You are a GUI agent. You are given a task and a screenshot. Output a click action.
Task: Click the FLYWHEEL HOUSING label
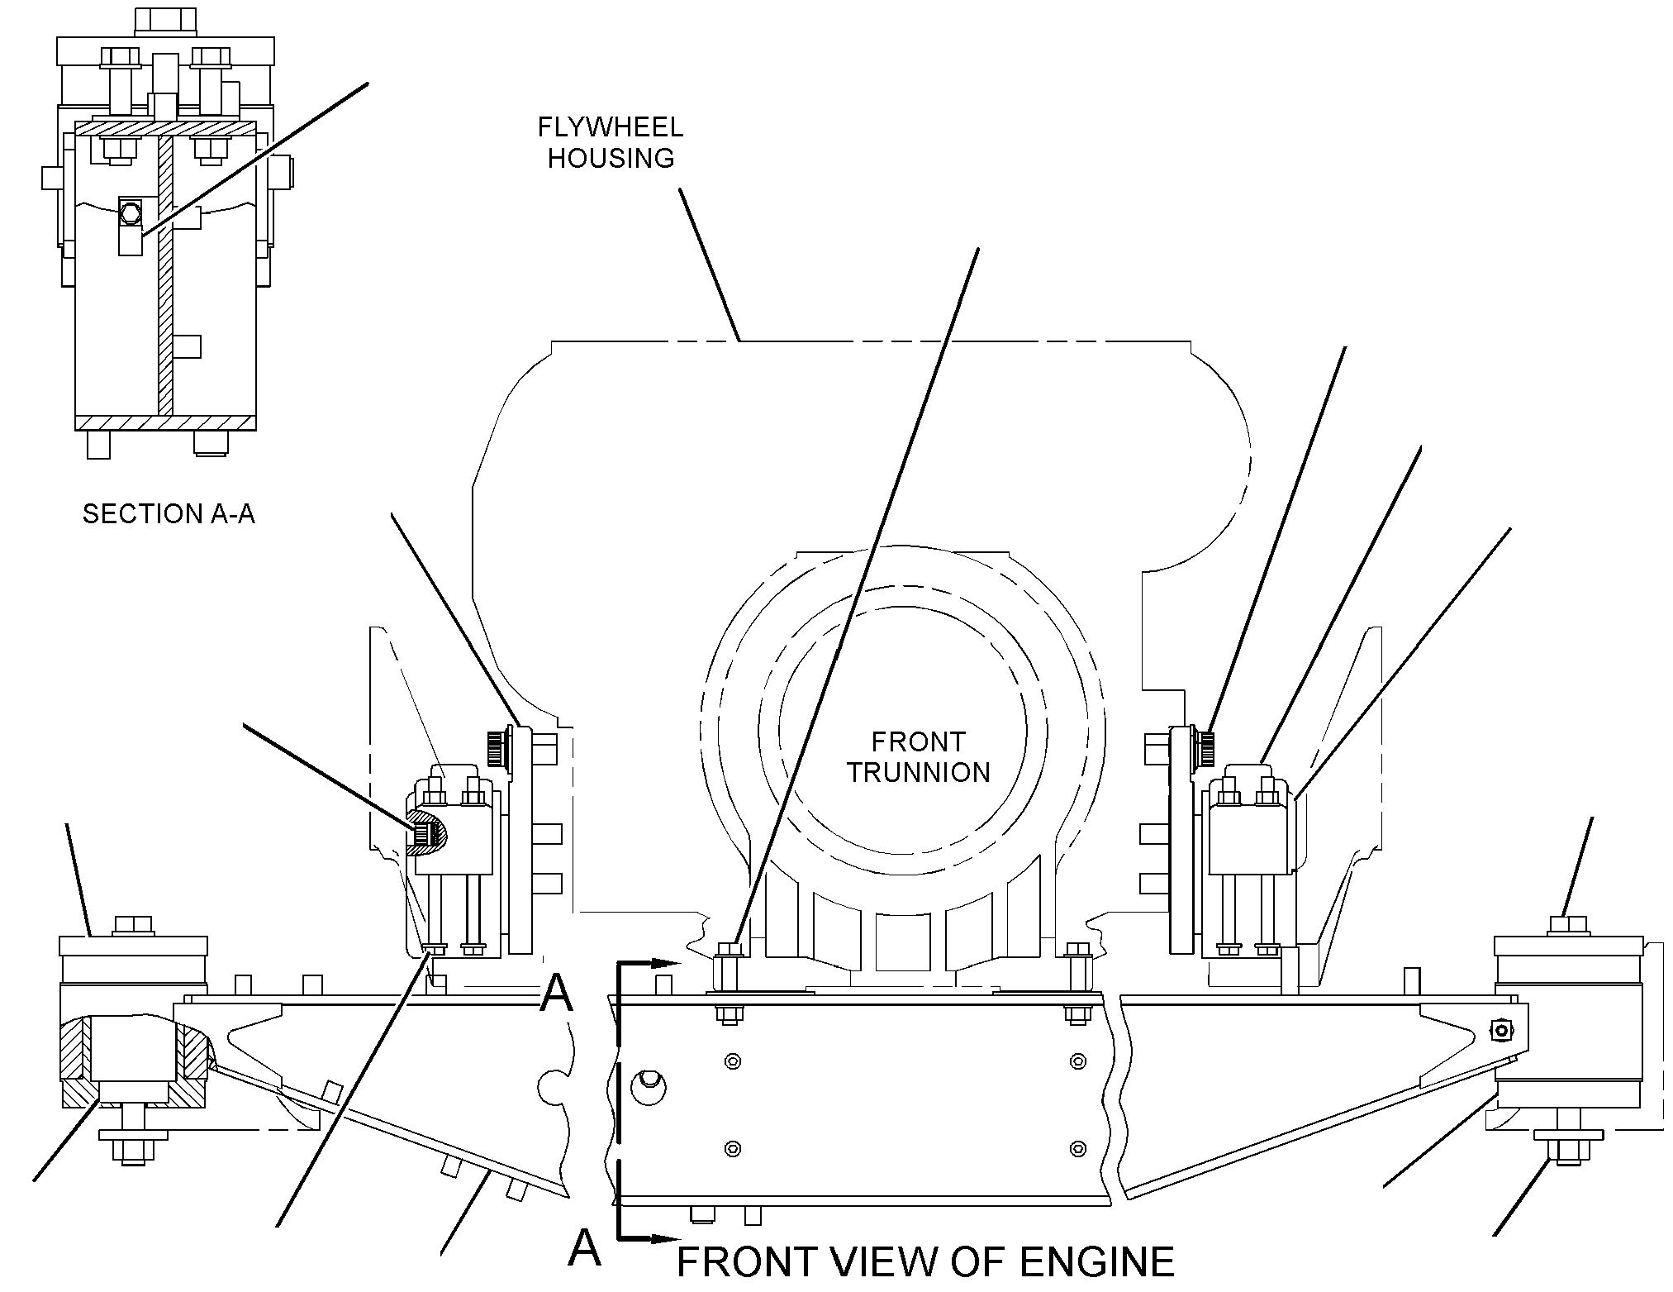pyautogui.click(x=611, y=142)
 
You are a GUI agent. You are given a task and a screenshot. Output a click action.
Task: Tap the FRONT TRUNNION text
pyautogui.click(x=918, y=756)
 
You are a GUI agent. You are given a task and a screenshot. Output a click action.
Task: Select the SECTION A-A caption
pyautogui.click(x=169, y=514)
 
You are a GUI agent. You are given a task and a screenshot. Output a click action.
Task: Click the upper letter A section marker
pyautogui.click(x=556, y=993)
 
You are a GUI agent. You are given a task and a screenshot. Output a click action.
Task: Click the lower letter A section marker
pyautogui.click(x=584, y=1247)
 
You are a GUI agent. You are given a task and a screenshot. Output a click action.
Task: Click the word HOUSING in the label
pyautogui.click(x=611, y=157)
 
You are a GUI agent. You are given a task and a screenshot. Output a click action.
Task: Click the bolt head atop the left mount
pyautogui.click(x=133, y=925)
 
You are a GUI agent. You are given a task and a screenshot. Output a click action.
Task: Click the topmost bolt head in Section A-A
pyautogui.click(x=164, y=21)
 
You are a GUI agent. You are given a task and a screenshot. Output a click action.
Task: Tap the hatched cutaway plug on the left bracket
pyautogui.click(x=428, y=833)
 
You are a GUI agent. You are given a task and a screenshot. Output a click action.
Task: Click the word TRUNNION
pyautogui.click(x=918, y=772)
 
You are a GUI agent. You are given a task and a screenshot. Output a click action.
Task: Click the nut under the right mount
pyautogui.click(x=1567, y=1151)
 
